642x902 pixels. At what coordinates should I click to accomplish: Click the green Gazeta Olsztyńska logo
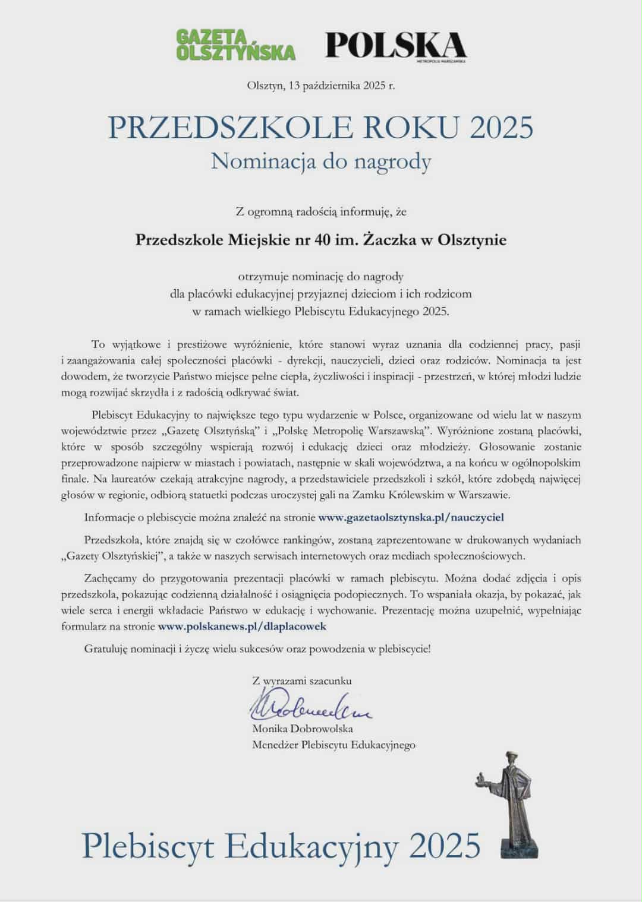coord(235,45)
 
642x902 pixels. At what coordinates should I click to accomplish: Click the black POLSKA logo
coord(395,44)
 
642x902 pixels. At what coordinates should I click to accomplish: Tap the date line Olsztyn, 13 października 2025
coord(320,86)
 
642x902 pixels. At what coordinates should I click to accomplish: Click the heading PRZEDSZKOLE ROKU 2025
coord(321,128)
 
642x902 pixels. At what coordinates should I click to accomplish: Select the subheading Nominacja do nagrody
coord(321,161)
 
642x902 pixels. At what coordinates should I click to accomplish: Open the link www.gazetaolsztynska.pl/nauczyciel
coord(411,517)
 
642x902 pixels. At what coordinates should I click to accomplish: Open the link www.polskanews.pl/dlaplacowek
coord(242,626)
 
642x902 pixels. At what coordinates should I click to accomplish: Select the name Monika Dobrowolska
coord(303,729)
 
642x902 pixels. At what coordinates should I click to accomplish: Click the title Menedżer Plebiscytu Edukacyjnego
coord(333,745)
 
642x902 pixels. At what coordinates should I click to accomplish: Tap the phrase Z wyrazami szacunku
coord(302,681)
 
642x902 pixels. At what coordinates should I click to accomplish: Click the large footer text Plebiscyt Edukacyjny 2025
coord(281,845)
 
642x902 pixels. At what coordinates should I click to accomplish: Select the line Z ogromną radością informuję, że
coord(321,210)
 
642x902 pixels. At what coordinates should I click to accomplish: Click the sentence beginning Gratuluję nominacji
coord(257,649)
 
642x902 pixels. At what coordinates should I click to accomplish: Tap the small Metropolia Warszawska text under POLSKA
coord(441,61)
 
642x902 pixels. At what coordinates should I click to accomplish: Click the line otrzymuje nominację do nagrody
coord(321,277)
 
